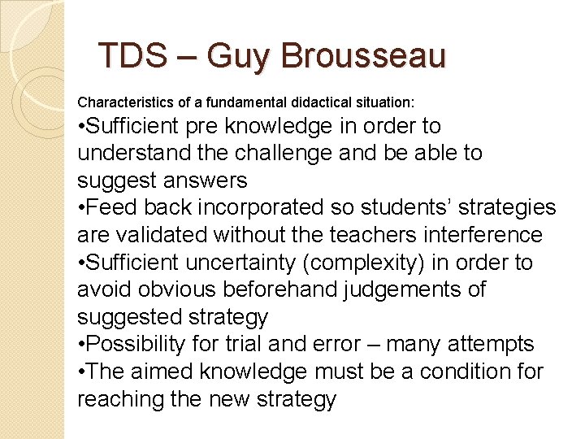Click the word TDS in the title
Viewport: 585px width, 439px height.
click(131, 56)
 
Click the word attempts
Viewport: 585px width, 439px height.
click(505, 345)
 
